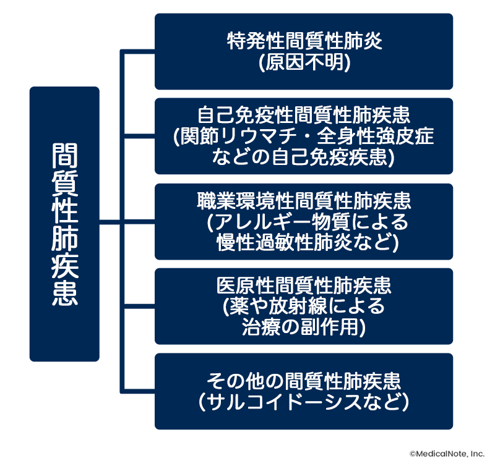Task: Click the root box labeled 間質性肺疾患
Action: pyautogui.click(x=64, y=224)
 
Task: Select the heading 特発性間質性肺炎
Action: pyautogui.click(x=303, y=42)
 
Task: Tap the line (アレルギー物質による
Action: pyautogui.click(x=303, y=221)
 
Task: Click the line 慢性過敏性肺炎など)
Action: pyautogui.click(x=303, y=241)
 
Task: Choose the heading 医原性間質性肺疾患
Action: pyautogui.click(x=303, y=286)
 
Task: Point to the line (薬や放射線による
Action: pyautogui.click(x=303, y=306)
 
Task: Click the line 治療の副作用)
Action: pyautogui.click(x=303, y=326)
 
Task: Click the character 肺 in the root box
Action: pyautogui.click(x=64, y=237)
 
